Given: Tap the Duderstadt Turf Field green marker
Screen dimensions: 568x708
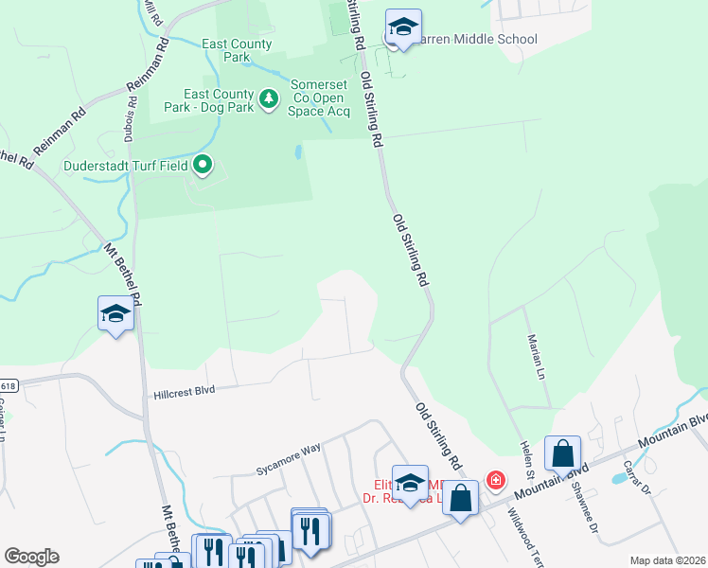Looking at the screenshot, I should pyautogui.click(x=202, y=167).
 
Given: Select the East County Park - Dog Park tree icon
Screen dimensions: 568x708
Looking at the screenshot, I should pyautogui.click(x=269, y=98).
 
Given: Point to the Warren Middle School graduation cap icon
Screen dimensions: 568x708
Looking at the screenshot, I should pyautogui.click(x=403, y=29).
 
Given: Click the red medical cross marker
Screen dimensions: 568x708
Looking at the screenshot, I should pyautogui.click(x=494, y=482).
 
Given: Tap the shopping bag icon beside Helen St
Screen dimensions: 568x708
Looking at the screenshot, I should pyautogui.click(x=562, y=454).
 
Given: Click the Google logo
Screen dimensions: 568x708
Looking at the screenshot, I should pyautogui.click(x=31, y=557).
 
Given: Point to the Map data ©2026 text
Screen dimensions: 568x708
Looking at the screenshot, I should pyautogui.click(x=667, y=560).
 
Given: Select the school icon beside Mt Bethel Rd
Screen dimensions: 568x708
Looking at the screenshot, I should pyautogui.click(x=115, y=313).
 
